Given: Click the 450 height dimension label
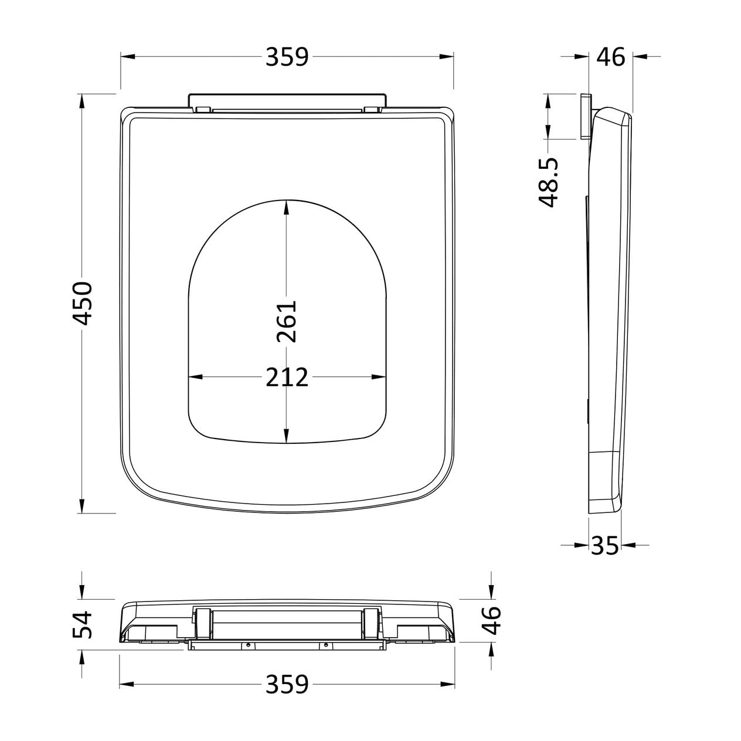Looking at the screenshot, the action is coord(81,304).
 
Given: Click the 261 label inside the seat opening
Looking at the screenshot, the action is coord(287,321).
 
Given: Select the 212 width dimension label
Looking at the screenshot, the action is coord(287,377).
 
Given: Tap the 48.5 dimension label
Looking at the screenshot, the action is coord(548,182).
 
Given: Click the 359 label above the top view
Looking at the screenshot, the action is coord(287,57).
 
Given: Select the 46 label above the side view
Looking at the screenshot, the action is coord(611,57).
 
